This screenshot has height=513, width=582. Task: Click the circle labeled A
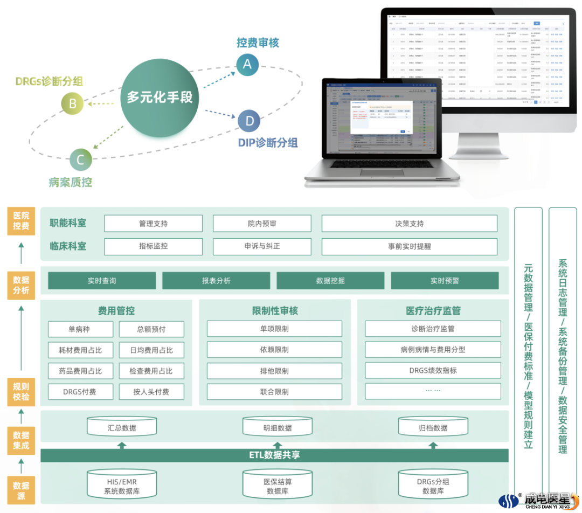[247, 64]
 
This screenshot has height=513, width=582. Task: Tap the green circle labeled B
[73, 103]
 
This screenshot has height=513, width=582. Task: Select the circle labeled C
[81, 160]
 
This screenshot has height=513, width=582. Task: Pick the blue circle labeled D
[249, 121]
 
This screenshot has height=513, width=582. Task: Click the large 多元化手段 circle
[160, 98]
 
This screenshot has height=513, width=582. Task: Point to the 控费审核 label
[258, 43]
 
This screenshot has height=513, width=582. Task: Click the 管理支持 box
[153, 224]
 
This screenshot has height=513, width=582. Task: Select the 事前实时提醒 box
[409, 246]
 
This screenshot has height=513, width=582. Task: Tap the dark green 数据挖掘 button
[330, 281]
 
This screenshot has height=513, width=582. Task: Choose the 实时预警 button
[445, 281]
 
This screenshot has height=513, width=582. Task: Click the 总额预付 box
[151, 329]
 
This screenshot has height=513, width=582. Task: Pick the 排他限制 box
[274, 371]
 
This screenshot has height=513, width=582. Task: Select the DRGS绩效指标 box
[433, 371]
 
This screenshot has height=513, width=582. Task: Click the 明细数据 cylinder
[278, 427]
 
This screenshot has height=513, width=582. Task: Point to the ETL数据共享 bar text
[274, 455]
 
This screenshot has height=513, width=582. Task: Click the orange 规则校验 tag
[21, 392]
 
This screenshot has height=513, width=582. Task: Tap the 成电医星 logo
[539, 500]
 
